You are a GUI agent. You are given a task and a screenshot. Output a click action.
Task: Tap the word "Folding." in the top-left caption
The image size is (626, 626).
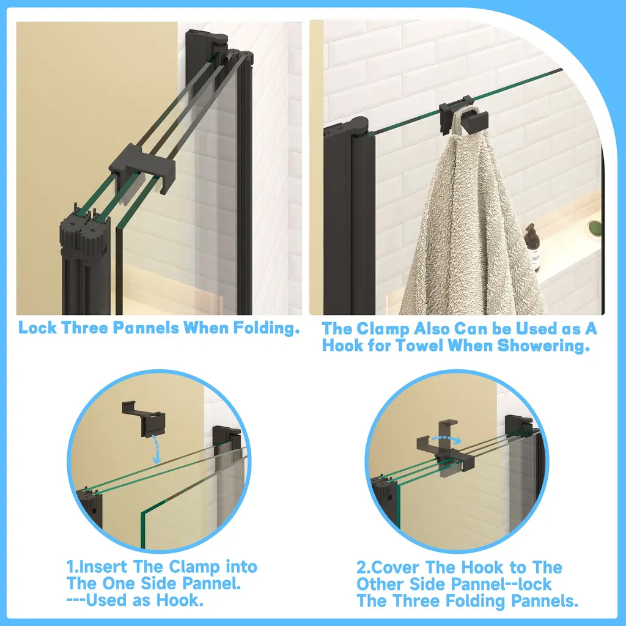tap(267, 328)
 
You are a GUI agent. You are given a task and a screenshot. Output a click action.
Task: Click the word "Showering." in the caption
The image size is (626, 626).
tap(544, 346)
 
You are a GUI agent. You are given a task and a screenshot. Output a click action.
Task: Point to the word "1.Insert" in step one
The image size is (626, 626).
tap(97, 567)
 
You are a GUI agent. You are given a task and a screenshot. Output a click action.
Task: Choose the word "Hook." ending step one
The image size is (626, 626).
tap(180, 600)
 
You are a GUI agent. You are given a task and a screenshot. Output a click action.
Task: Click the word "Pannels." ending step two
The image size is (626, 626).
tap(545, 601)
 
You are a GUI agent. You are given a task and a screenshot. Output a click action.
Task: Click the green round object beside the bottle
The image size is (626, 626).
tap(594, 227)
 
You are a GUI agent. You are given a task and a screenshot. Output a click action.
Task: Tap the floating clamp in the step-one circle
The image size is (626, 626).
tap(144, 419)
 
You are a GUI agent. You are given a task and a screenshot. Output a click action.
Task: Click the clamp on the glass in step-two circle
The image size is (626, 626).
tap(446, 449)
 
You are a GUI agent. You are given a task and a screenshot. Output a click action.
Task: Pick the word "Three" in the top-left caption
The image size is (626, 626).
tap(84, 328)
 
